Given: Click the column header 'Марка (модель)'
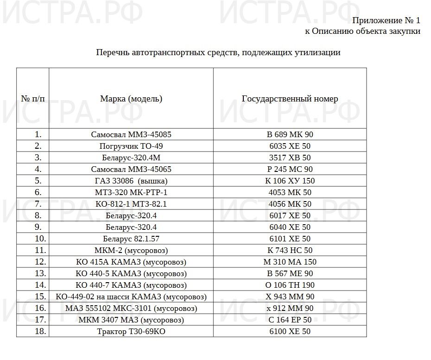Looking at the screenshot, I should [x=131, y=99].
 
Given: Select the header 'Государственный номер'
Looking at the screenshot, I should [x=290, y=99].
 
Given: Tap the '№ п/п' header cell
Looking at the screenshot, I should [x=33, y=99].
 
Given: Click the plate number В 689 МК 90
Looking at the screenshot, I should [x=290, y=135].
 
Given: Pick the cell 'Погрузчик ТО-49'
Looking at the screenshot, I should [x=131, y=146].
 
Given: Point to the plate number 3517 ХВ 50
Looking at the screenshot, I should [x=290, y=158].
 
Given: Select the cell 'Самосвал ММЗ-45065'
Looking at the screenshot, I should [x=131, y=170].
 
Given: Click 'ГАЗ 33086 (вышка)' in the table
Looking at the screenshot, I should [x=131, y=181].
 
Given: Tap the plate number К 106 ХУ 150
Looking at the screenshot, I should [x=290, y=181].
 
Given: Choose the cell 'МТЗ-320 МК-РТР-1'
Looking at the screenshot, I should [x=131, y=193].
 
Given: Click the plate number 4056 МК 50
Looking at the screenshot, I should [x=290, y=204].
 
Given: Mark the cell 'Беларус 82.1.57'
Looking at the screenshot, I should [x=131, y=239].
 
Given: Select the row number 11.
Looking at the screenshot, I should [x=38, y=251].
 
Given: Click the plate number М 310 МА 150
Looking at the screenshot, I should [x=290, y=262].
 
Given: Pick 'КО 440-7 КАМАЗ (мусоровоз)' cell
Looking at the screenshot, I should [x=131, y=285].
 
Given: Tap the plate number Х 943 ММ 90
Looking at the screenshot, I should [x=290, y=297].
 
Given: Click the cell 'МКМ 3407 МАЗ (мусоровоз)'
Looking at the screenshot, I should [x=131, y=320].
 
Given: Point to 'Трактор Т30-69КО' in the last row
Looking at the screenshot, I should [x=131, y=332].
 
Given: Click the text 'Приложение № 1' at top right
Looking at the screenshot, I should [x=386, y=20].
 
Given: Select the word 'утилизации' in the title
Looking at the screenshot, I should [x=317, y=52].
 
